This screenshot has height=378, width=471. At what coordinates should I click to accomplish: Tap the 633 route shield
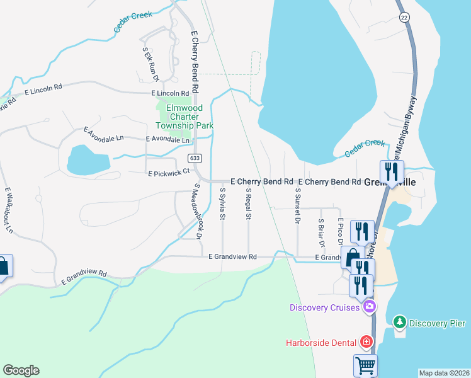[x=194, y=157]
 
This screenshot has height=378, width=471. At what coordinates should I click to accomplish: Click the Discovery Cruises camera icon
[x=369, y=307]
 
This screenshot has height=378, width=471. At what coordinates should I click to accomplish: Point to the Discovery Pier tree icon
[x=399, y=323]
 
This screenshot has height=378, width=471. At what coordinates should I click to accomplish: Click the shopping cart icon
[x=366, y=365]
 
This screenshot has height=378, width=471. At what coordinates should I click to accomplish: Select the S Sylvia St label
[x=222, y=203]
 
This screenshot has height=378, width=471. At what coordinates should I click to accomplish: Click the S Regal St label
[x=249, y=203]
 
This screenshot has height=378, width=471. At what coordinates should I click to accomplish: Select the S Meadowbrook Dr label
[x=197, y=212]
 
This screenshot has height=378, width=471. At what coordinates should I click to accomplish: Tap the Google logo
[x=21, y=370]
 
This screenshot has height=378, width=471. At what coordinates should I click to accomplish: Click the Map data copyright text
[x=443, y=373]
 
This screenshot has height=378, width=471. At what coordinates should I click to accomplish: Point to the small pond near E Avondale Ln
[x=85, y=159]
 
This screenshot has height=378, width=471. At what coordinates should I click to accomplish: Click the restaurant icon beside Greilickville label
[x=392, y=172]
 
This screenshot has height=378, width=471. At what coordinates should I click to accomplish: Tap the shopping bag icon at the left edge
[x=3, y=266]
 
